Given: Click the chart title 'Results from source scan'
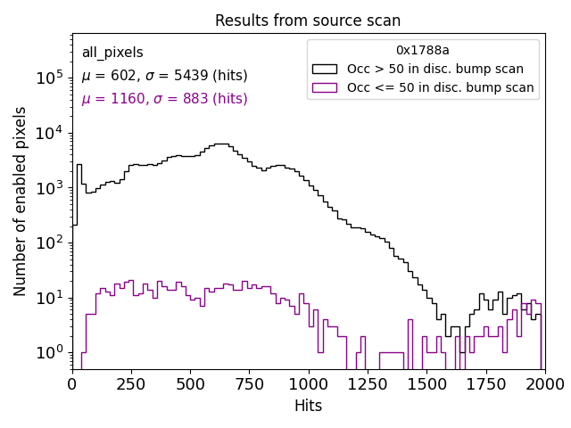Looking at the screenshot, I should [x=308, y=21].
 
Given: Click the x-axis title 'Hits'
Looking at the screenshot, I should [x=308, y=406].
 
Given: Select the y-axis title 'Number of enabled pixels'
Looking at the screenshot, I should [x=21, y=202].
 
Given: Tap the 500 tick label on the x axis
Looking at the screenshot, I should [x=190, y=384].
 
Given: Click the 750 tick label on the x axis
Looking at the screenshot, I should [x=249, y=384].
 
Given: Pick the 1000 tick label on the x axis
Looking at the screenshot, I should [x=308, y=384].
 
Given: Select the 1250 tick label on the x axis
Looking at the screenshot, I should [x=367, y=384].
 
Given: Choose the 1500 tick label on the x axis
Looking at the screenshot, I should [x=426, y=384].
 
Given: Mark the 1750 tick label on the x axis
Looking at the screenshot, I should [x=484, y=384].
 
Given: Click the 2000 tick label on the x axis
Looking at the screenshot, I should [x=543, y=384].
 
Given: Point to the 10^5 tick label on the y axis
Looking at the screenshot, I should [x=48, y=78].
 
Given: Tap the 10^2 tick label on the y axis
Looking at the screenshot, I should [x=48, y=243].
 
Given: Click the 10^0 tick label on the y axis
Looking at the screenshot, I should [x=48, y=352].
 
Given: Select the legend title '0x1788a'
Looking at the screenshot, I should [x=423, y=51].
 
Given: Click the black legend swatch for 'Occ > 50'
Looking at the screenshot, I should [x=325, y=69].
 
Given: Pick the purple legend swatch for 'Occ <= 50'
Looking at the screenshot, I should [x=325, y=87].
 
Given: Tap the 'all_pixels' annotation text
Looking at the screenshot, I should [x=112, y=53].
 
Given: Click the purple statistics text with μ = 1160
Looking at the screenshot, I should [x=164, y=99].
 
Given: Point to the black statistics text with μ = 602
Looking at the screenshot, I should [x=164, y=76].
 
